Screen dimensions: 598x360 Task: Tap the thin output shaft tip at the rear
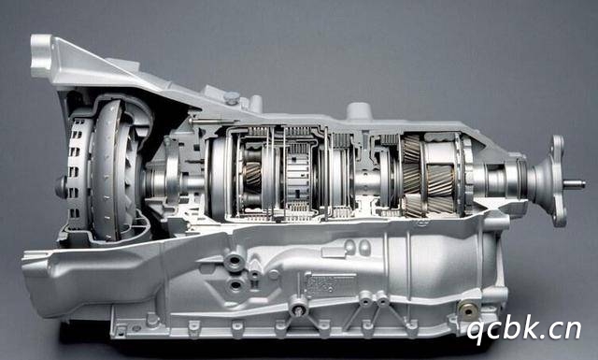point(575,185)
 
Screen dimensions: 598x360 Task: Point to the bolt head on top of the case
point(232,98)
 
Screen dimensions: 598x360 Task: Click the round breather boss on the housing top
point(359,110)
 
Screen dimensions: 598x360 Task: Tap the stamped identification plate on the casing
point(330,285)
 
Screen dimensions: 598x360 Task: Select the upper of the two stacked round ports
point(235,262)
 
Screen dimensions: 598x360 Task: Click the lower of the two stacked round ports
point(235,285)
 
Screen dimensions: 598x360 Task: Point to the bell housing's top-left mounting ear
point(41,56)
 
